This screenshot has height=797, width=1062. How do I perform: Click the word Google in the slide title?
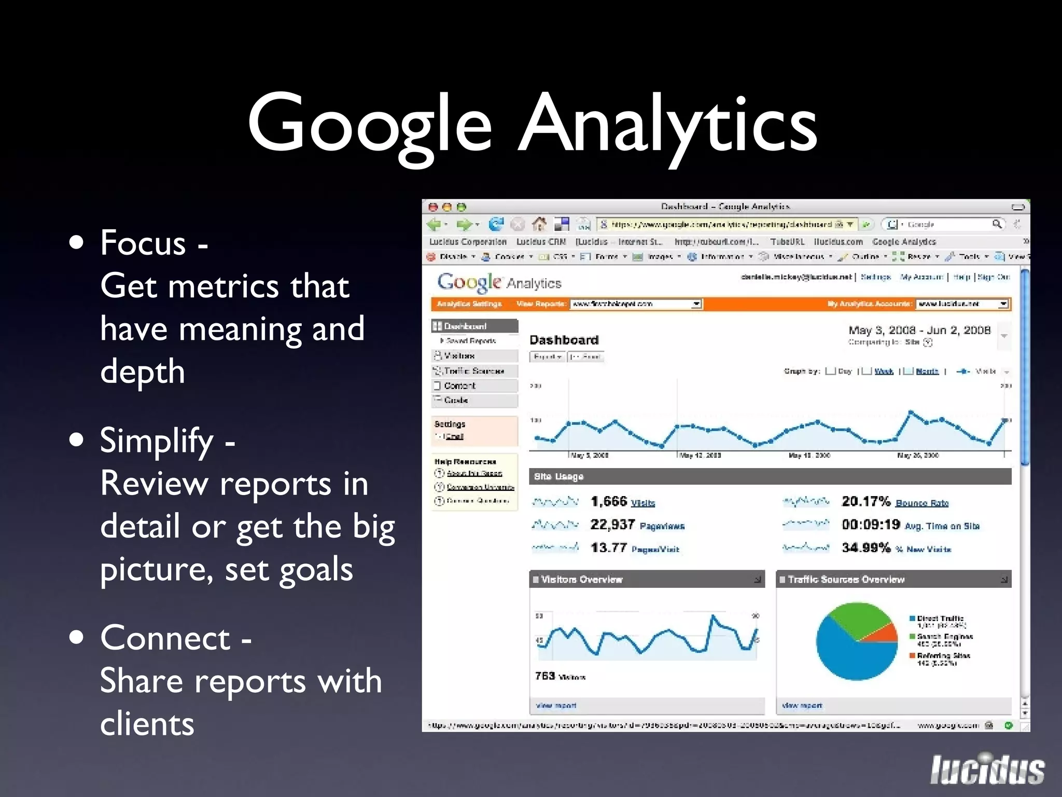coord(369,125)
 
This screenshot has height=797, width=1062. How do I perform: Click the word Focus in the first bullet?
coord(143,243)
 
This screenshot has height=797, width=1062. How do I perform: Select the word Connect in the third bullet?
coord(165,638)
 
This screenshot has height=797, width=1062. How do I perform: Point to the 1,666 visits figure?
coord(609,502)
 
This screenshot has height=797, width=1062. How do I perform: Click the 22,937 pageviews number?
coord(612,525)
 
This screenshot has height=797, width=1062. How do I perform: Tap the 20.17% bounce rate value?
coord(865,501)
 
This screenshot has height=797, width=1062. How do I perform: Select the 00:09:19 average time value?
coord(871,525)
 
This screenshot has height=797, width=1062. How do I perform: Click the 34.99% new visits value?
coord(865,548)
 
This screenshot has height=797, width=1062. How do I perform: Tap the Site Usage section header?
coord(558,476)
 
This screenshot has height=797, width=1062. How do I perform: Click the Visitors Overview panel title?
coord(581,579)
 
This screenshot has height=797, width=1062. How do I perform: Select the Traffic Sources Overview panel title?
coord(846,579)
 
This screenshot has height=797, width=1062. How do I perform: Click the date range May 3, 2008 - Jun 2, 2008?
coord(919,331)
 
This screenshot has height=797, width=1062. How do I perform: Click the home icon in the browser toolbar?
coord(539,224)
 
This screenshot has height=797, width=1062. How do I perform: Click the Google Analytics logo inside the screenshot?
coord(499,282)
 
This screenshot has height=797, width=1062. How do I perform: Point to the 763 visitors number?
coord(545,676)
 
